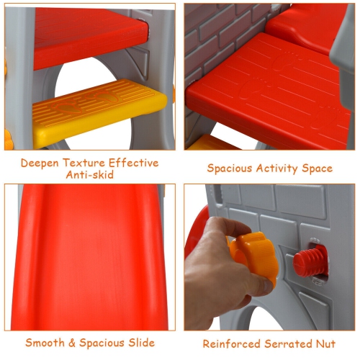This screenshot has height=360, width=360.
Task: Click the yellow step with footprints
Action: pos(99,113)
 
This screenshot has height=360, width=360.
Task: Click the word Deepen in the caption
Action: pos(40,163)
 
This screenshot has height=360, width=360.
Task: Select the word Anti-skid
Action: pos(90,175)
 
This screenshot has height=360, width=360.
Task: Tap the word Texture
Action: pos(84,163)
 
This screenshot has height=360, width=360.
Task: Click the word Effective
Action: pos(134,163)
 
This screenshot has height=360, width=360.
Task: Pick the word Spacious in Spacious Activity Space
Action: pos(230,168)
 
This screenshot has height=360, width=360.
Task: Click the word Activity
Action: pos(277,168)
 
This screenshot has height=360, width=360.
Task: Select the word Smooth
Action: pos(45,343)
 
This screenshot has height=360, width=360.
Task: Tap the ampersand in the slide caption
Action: pos(72,343)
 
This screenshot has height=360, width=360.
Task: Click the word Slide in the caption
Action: pos(141,343)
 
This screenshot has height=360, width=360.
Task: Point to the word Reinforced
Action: pos(232,343)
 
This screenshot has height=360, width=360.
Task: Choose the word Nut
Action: pos(325,344)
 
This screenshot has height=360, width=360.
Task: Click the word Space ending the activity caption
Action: pos(318,168)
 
